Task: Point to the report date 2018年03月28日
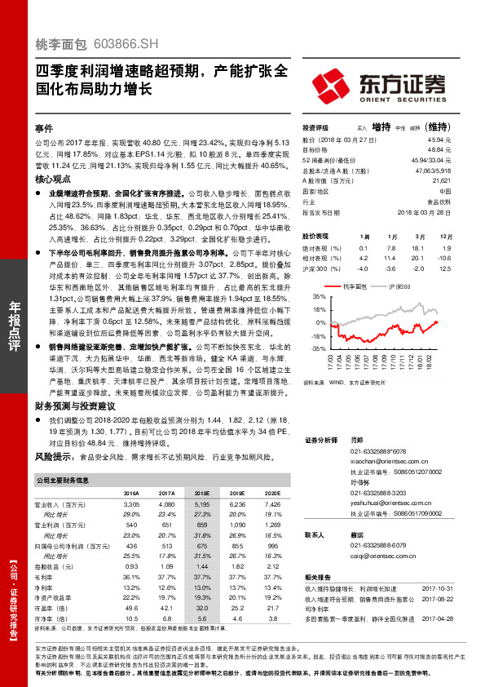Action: (x=428, y=211)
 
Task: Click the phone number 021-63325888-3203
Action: (x=378, y=494)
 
